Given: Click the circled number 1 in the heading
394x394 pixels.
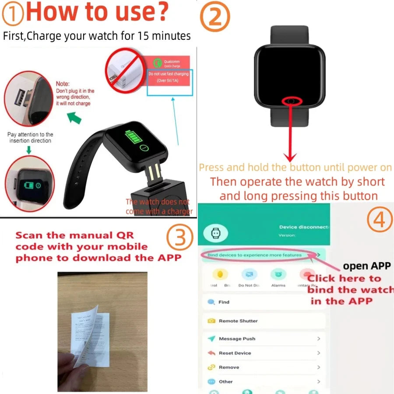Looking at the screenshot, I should click(x=14, y=14).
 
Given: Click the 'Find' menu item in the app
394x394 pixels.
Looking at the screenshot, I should click(x=223, y=302).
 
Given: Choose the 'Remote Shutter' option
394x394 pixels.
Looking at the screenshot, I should click(x=238, y=321).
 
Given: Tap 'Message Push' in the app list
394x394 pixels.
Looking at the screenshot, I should click(x=236, y=339).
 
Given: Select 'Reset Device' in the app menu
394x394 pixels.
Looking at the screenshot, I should click(x=235, y=353).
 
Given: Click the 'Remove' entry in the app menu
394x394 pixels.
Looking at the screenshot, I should click(x=229, y=367).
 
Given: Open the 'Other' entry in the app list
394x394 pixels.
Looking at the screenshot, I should click(x=225, y=382).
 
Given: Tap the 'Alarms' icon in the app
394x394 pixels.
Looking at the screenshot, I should click(x=278, y=275).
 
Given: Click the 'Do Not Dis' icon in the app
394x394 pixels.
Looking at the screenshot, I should click(x=249, y=275).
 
